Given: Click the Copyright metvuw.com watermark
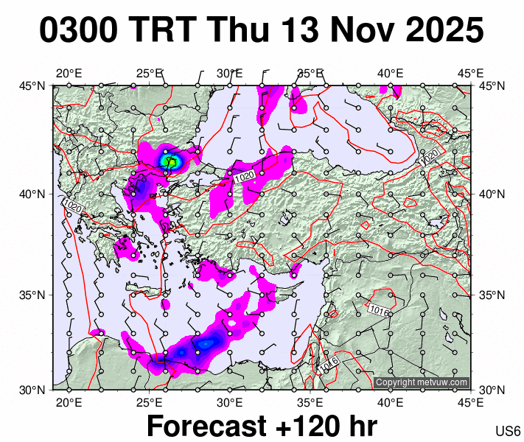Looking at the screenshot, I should click(422, 382).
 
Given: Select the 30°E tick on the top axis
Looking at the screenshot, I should click(229, 73).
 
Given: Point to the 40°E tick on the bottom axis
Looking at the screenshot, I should click(390, 402).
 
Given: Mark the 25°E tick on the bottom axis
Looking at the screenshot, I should click(149, 402).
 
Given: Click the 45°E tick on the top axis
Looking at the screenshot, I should click(470, 73).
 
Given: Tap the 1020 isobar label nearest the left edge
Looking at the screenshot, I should click(72, 207).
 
